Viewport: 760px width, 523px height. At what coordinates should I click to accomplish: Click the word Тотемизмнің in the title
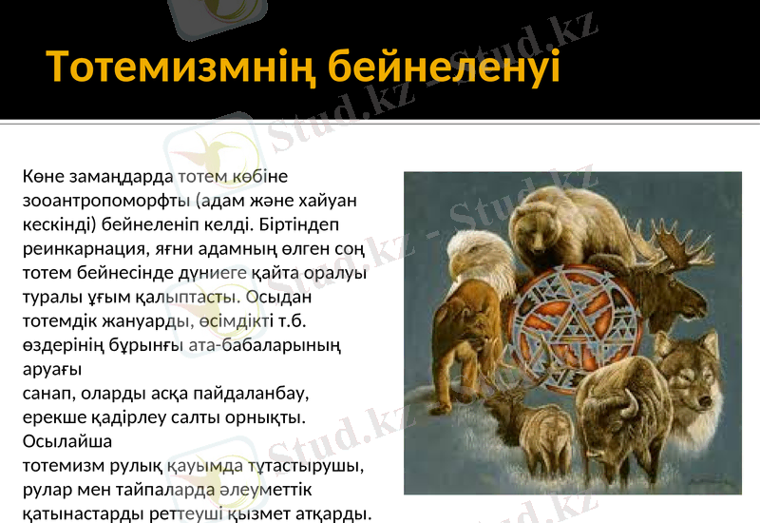180,67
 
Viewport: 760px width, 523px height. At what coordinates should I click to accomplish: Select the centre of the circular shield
568,328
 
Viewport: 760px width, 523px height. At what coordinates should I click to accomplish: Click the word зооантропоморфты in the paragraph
105,202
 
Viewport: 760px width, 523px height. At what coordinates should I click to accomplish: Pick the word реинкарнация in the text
82,249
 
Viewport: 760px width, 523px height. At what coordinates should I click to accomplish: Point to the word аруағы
51,368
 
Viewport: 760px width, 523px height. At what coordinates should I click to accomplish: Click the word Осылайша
66,441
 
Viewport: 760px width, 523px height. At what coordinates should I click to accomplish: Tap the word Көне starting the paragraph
40,177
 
